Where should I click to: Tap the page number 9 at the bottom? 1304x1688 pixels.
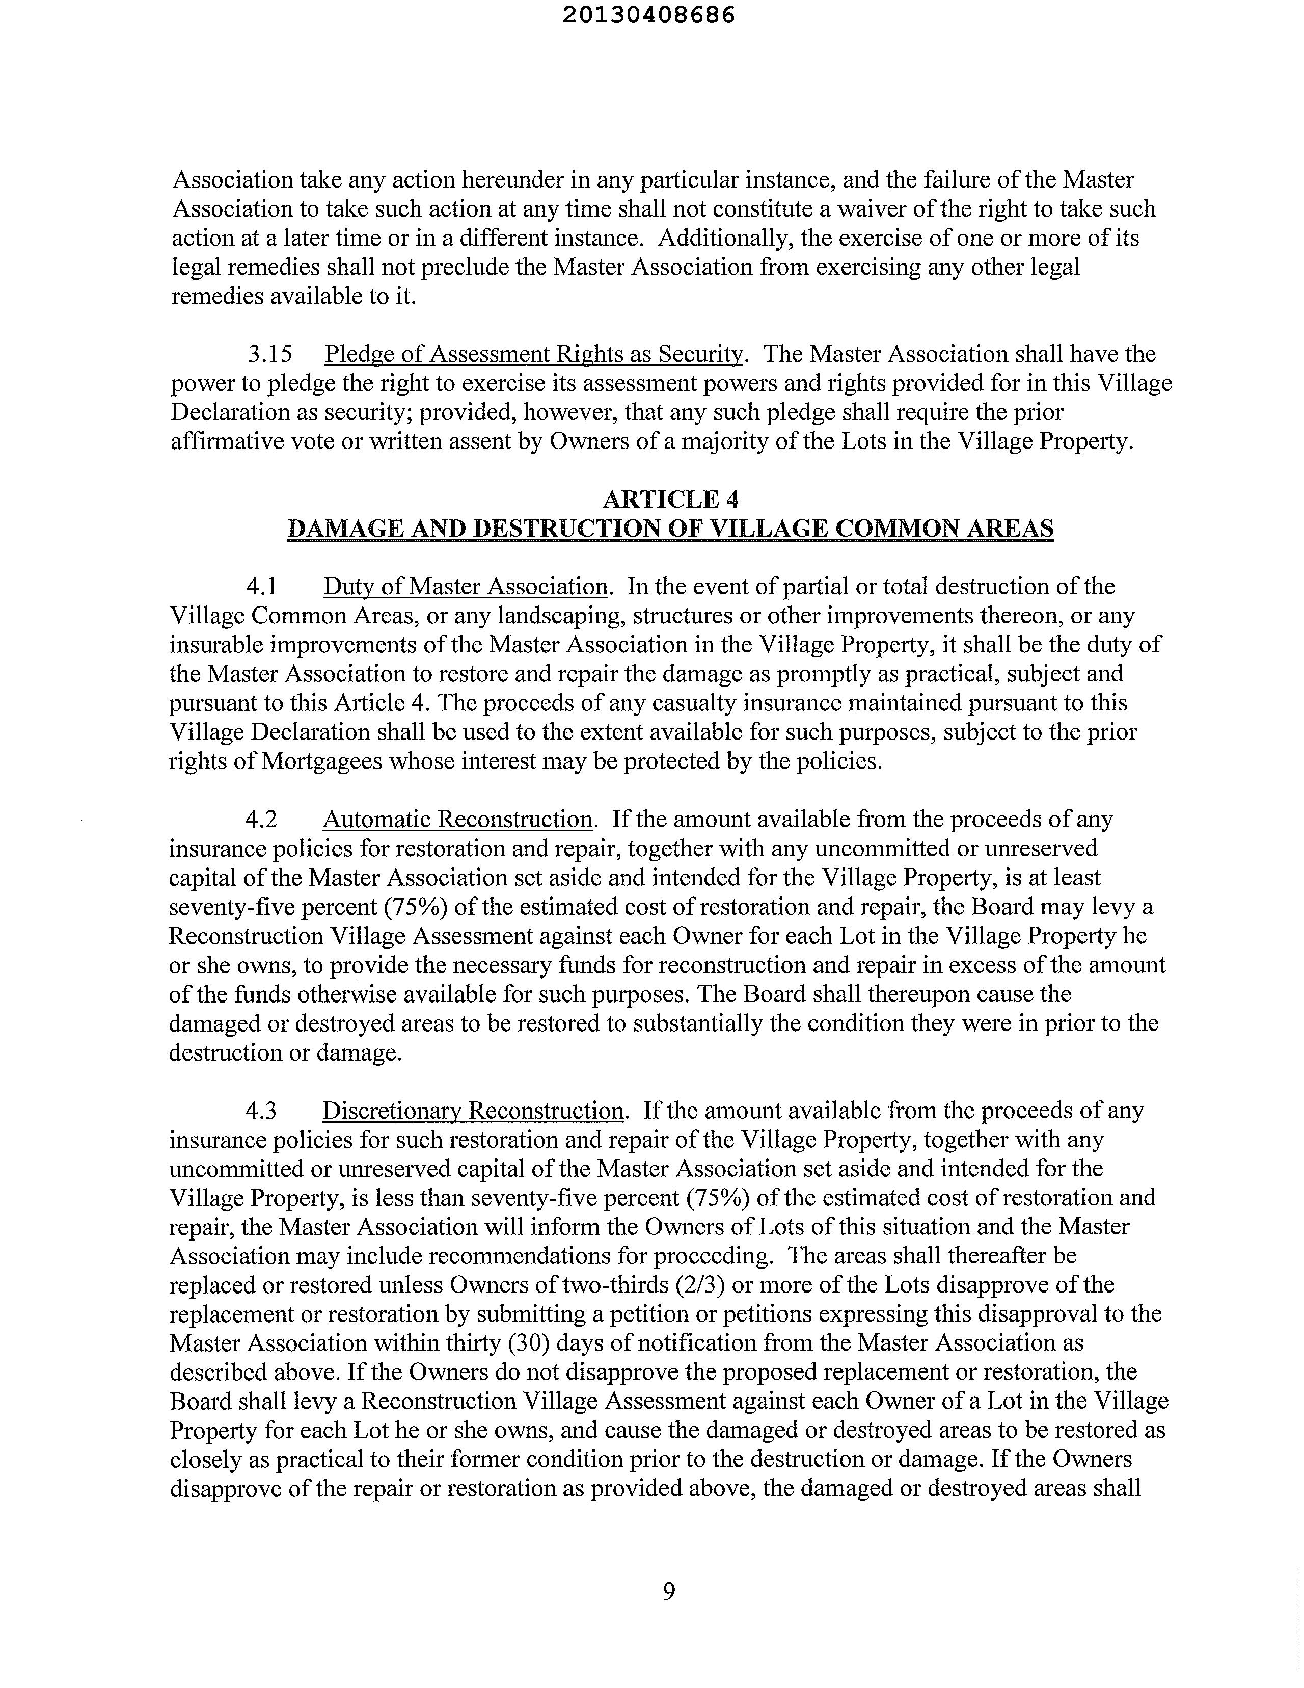(x=669, y=1591)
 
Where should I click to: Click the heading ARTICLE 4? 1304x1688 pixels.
(x=670, y=499)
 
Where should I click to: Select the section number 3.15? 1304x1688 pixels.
(x=269, y=354)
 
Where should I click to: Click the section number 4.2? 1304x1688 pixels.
(x=261, y=819)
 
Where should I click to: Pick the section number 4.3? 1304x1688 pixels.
(x=261, y=1111)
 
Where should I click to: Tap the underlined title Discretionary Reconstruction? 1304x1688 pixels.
(x=473, y=1111)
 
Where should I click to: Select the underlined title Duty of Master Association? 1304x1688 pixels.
(x=465, y=587)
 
